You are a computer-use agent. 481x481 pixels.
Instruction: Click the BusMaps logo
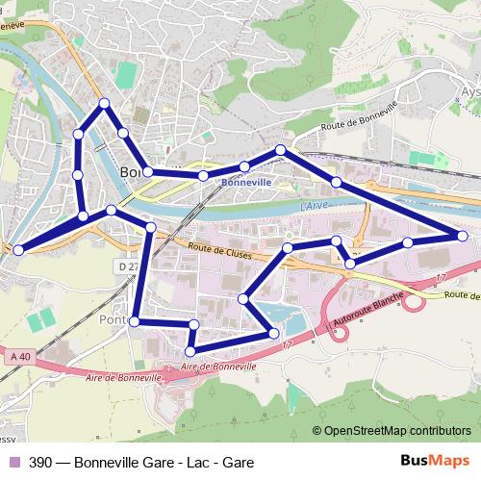tap(435, 461)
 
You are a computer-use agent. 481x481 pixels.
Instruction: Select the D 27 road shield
tap(126, 265)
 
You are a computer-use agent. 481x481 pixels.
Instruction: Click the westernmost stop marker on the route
tap(17, 250)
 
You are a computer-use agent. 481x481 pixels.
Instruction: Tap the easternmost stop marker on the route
tap(463, 236)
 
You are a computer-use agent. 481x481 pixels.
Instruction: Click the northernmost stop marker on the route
tap(103, 103)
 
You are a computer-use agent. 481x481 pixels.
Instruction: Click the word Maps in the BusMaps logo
tap(451, 461)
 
